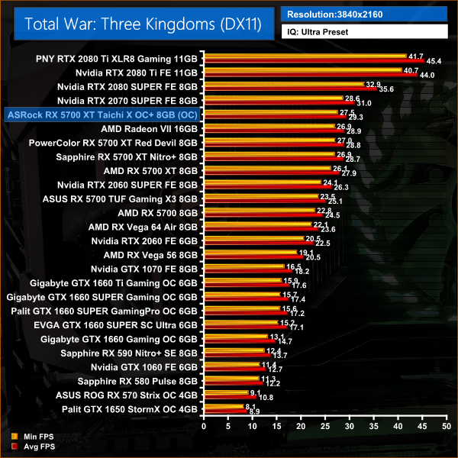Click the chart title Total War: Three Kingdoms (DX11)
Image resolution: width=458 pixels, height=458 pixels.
pos(143,24)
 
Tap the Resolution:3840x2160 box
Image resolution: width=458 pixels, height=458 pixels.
pos(363,13)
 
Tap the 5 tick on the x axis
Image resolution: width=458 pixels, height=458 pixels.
pos(226,429)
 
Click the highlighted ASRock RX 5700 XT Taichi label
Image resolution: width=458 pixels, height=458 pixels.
pos(101,114)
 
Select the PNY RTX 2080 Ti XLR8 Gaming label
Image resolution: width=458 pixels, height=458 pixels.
pos(117,58)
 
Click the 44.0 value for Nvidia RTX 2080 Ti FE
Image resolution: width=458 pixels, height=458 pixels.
pos(427,76)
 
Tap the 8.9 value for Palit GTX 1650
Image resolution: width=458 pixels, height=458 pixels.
pos(254,412)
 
